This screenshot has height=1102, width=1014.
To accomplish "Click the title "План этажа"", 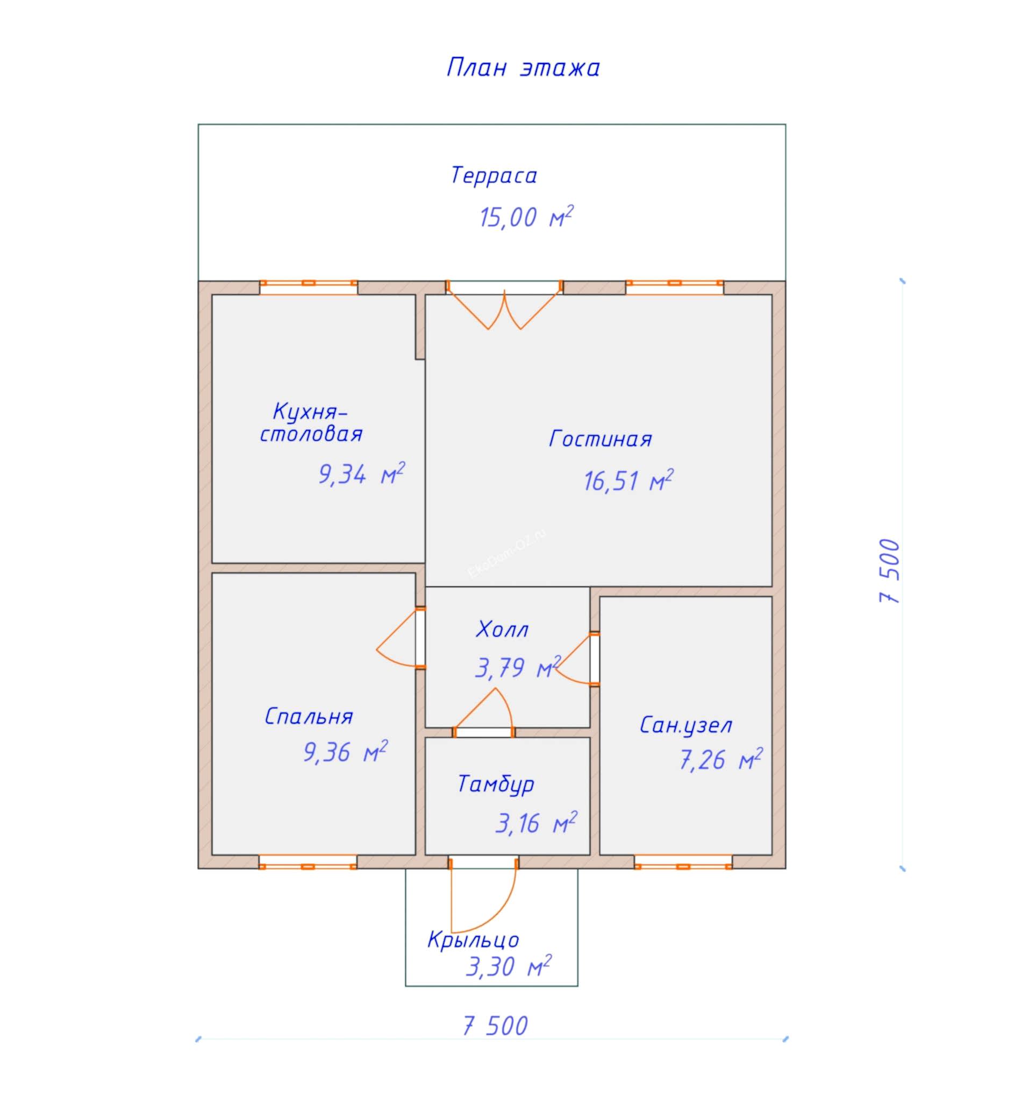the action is click(x=523, y=68).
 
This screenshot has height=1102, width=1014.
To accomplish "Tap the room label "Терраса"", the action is click(x=494, y=175).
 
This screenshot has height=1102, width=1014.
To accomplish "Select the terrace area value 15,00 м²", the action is click(x=527, y=216).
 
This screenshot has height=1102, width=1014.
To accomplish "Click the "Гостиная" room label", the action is click(x=601, y=439).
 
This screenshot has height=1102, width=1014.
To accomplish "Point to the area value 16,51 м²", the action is click(x=629, y=481).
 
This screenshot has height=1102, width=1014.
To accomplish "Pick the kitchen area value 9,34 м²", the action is click(x=362, y=474).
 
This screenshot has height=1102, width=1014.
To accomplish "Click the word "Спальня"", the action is click(x=309, y=716).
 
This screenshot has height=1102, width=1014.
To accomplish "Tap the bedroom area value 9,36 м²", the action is click(x=346, y=752).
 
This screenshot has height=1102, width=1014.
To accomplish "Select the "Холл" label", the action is click(x=502, y=629).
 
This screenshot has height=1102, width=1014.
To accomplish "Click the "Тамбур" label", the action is click(x=496, y=784).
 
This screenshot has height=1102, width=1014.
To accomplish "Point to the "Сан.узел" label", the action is click(x=686, y=726).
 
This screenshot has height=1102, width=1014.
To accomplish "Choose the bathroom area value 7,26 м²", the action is click(x=721, y=760).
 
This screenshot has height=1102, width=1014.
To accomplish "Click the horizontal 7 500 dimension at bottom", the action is click(x=496, y=1026).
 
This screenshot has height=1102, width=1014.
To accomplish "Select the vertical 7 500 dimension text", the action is click(x=890, y=571).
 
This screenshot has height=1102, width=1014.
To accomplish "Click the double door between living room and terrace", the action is click(x=504, y=305).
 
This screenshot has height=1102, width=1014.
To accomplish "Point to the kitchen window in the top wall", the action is click(x=309, y=287).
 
